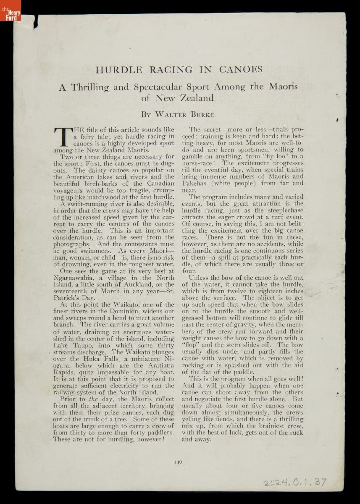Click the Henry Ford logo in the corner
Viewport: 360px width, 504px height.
coord(10,10)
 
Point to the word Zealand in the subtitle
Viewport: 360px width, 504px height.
coord(197,98)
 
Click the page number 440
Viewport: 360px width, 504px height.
coord(177,462)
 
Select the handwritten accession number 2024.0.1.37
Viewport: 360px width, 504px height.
coord(295,483)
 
